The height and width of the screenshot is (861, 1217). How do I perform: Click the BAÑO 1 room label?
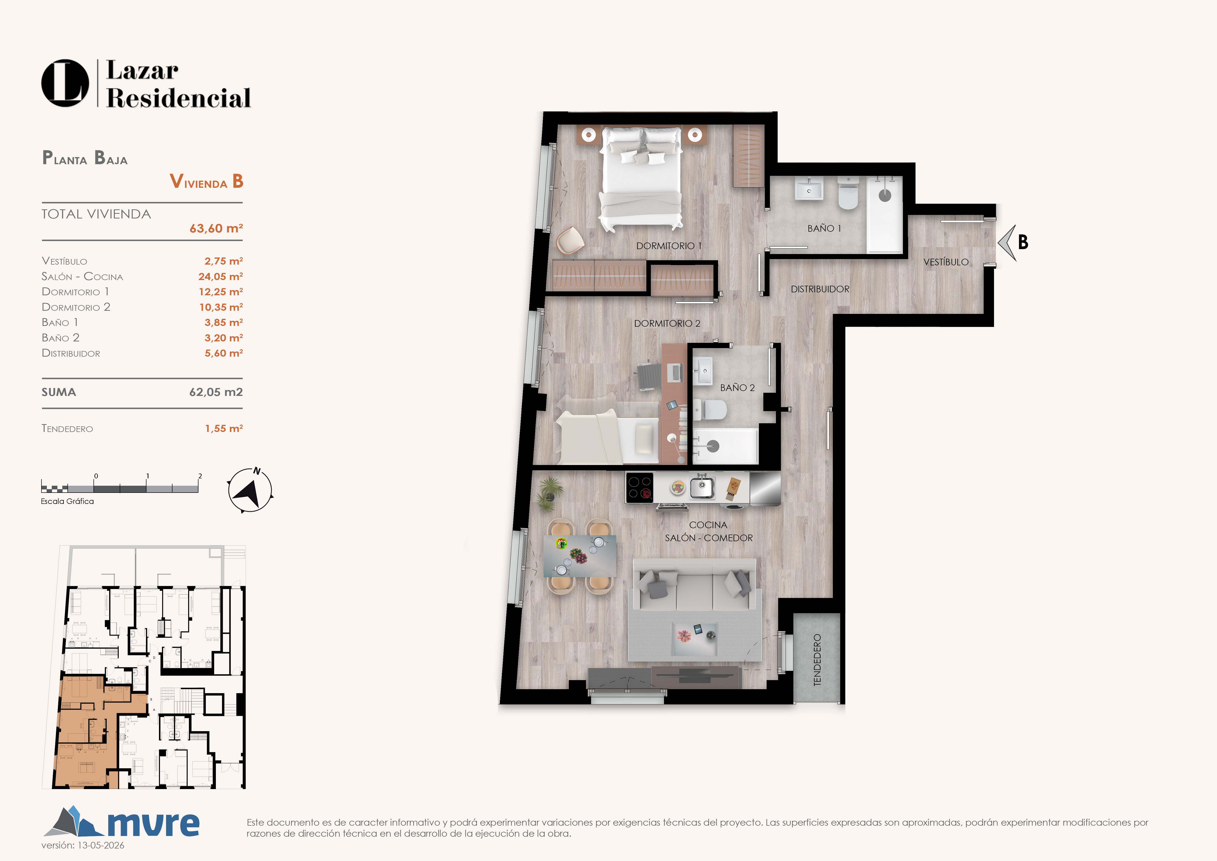tap(824, 229)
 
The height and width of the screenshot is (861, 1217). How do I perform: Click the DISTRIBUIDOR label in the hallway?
tap(820, 289)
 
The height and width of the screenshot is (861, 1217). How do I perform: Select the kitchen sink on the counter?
tap(702, 486)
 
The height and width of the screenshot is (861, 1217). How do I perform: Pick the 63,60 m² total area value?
tap(216, 229)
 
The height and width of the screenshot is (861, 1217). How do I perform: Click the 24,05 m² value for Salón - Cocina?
tap(221, 276)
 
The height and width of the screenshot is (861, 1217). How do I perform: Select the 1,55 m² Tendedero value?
tap(224, 428)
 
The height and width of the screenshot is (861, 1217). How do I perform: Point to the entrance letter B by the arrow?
tap(1023, 242)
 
